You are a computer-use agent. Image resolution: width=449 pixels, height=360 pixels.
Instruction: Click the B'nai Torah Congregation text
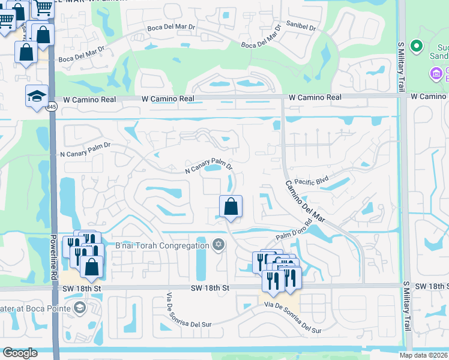pos(162,245)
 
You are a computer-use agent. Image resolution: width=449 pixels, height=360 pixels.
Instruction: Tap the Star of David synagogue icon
pos(218,244)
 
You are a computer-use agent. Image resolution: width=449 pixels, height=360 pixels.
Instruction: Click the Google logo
pos(20,353)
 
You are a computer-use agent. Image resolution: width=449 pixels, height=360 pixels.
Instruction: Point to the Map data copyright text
pos(424,355)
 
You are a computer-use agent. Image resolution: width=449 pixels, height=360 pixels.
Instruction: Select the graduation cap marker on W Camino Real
pos(37,96)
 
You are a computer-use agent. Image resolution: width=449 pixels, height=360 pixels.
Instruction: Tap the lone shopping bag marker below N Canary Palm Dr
pos(231,208)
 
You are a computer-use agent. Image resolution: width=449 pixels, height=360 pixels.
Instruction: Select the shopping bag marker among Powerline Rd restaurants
pos(91,267)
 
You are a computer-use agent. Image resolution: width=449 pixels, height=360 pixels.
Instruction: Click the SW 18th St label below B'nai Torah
pos(210,289)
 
